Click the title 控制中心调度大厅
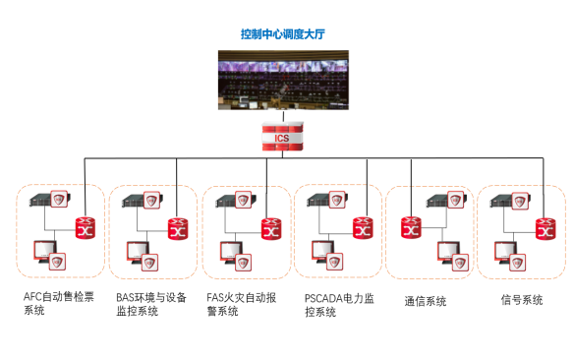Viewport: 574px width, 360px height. (283, 34)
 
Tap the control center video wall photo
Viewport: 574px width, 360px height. (283, 80)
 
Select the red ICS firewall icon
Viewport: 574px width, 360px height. (283, 137)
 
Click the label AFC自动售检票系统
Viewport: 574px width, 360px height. (59, 303)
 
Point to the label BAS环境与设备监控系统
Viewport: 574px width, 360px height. (151, 304)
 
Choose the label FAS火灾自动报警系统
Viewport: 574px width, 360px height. (241, 304)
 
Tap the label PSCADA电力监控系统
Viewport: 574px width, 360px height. (339, 305)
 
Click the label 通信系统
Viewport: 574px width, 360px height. (426, 301)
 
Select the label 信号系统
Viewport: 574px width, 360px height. (522, 300)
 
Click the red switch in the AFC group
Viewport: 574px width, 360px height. (86, 228)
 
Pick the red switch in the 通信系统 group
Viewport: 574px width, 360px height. (411, 227)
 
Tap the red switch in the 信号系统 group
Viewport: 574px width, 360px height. (545, 229)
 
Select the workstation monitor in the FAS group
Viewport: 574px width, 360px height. (231, 251)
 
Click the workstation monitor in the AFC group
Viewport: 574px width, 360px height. (45, 251)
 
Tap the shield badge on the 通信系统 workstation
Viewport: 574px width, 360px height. (460, 263)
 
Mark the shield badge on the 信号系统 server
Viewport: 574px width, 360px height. (520, 201)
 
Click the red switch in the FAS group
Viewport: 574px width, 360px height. (271, 229)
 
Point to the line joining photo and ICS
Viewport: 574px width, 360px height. (283, 116)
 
